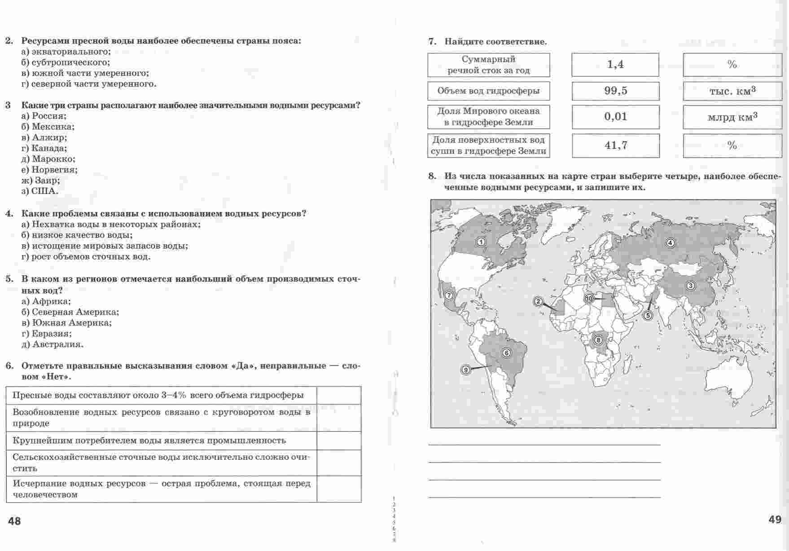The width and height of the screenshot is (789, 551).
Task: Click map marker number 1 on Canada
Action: (481, 242)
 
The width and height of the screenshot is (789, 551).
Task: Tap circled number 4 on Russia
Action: (671, 243)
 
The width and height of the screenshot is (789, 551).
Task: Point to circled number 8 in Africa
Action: (598, 340)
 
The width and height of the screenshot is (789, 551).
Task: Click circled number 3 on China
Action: (691, 286)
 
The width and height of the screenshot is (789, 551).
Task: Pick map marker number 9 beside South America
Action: (466, 370)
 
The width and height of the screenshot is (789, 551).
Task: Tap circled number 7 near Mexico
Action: (448, 295)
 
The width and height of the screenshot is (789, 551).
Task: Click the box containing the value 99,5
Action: (615, 91)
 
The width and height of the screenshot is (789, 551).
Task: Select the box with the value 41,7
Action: (615, 145)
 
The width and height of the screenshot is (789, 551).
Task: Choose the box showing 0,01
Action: (615, 117)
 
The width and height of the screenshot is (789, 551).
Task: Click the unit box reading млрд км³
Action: (732, 117)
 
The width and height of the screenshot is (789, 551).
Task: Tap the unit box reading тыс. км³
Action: (732, 91)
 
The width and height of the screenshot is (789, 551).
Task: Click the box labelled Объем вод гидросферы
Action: (488, 91)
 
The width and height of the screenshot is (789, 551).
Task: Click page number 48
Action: (14, 521)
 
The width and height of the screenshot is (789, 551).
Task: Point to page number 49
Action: (775, 520)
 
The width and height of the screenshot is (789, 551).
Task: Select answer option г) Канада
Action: (44, 148)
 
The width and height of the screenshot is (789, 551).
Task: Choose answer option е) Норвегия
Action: (49, 170)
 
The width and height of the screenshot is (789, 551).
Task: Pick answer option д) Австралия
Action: (52, 344)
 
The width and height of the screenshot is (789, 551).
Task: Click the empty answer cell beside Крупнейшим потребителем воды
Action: (338, 441)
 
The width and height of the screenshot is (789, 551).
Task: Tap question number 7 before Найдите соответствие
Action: (432, 42)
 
